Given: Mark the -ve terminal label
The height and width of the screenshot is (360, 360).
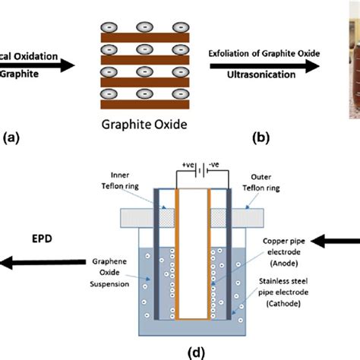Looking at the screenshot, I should pyautogui.click(x=215, y=163).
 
